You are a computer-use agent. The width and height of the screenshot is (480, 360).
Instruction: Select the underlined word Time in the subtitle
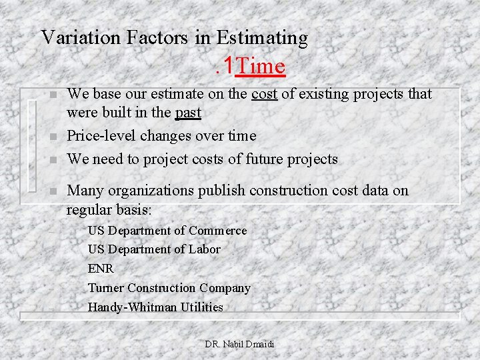[261, 67]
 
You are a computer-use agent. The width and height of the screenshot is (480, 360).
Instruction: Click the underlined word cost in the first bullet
[265, 95]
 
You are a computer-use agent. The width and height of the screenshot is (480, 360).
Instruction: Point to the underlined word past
[188, 113]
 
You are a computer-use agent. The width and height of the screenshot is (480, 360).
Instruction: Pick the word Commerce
[217, 231]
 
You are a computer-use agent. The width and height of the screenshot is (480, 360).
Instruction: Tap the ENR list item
[101, 269]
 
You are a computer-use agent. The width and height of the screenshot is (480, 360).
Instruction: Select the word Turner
[105, 288]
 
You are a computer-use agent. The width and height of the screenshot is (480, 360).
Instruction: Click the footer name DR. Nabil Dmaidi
[239, 345]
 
